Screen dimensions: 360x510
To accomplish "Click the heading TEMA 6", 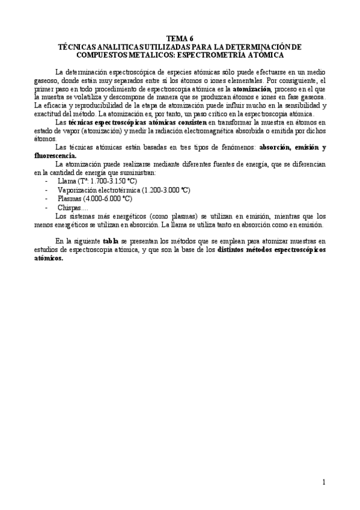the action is [x=180, y=37].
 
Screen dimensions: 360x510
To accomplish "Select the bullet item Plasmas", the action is [x=70, y=198].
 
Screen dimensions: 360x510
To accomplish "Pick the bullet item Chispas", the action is [x=72, y=207].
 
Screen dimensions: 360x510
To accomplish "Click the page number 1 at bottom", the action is [x=324, y=482].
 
